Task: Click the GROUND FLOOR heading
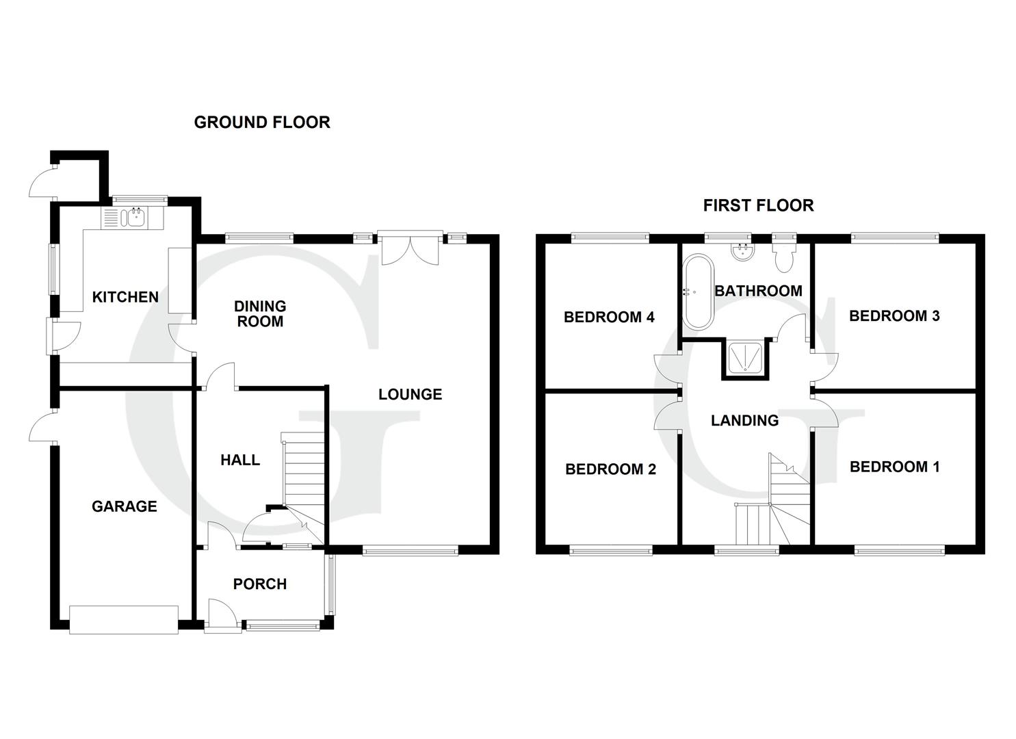click(262, 122)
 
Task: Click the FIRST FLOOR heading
click(758, 205)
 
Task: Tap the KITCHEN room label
click(125, 297)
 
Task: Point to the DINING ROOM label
click(260, 313)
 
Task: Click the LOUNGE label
click(410, 394)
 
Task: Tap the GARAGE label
click(125, 506)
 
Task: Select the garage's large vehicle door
click(124, 619)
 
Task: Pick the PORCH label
click(259, 584)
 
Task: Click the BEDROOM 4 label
click(609, 317)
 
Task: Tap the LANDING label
click(744, 420)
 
